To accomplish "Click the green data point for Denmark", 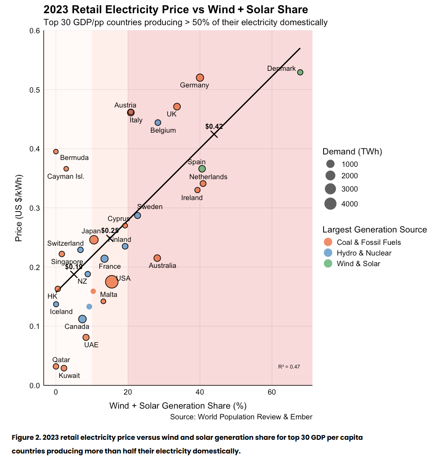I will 300,72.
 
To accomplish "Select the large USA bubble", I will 112,282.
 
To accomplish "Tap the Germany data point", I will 200,78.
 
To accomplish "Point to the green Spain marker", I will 202,169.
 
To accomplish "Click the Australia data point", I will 157,258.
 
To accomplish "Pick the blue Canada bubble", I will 82,319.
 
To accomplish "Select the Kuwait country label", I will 69,375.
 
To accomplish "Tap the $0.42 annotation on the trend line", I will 214,127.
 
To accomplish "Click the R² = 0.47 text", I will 289,366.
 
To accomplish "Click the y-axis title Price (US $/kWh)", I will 18,208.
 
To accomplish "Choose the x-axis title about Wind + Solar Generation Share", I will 178,405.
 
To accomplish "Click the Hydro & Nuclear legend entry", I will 364,253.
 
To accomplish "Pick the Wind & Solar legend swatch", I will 328,264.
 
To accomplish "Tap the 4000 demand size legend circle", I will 330,204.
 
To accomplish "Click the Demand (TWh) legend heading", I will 352,151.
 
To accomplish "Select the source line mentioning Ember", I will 241,417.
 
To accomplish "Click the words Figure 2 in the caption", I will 26,438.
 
